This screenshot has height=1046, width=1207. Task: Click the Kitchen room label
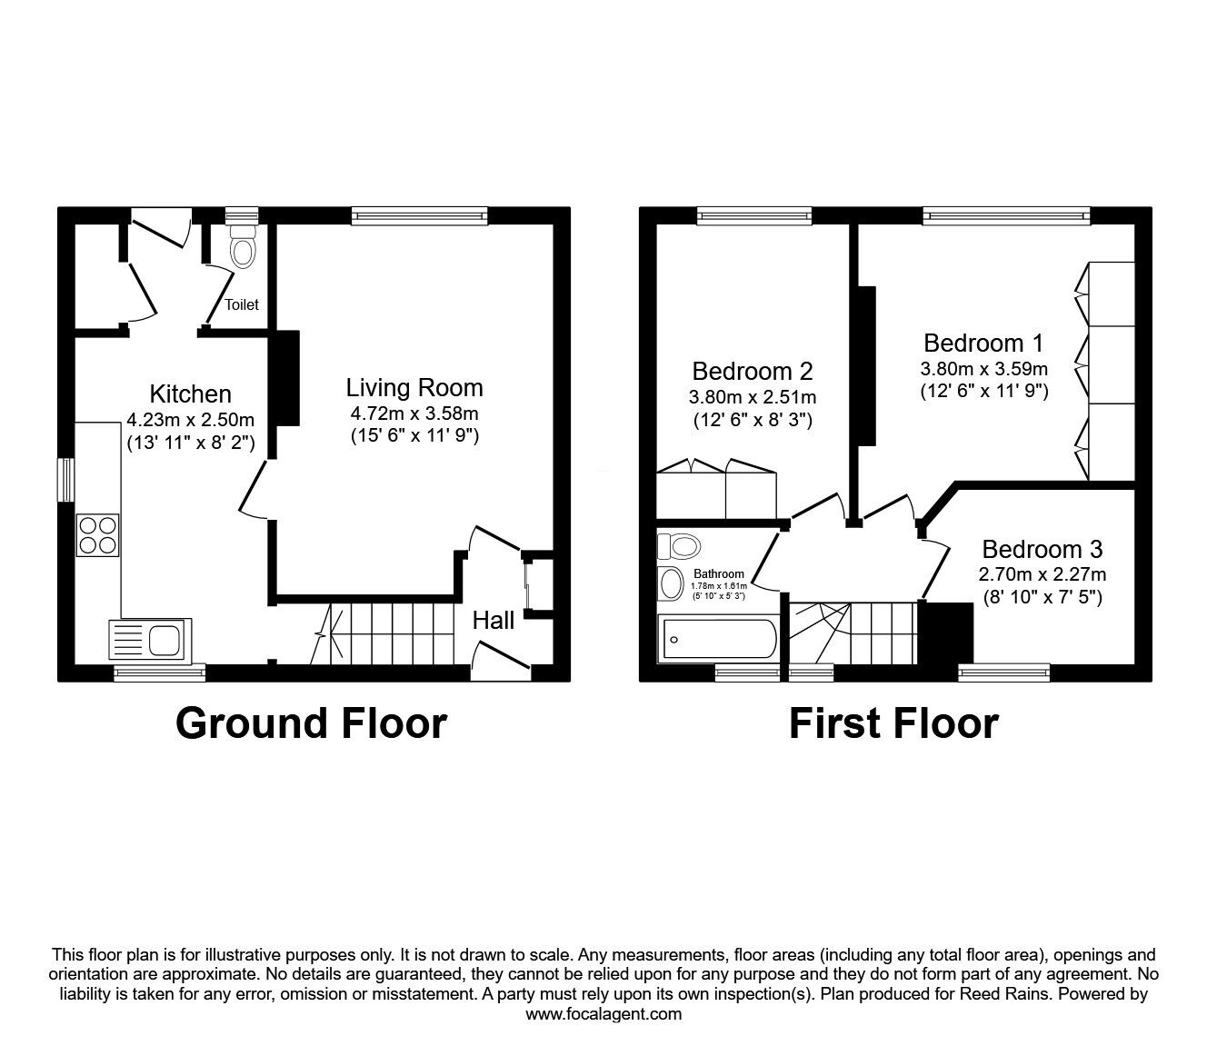click(190, 393)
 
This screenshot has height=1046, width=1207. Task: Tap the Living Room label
click(414, 388)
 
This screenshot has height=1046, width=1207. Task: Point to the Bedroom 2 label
click(752, 371)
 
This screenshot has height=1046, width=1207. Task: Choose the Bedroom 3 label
click(1042, 549)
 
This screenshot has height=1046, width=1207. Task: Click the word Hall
click(494, 620)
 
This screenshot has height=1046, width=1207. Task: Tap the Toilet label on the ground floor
click(242, 304)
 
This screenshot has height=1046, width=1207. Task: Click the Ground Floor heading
click(311, 723)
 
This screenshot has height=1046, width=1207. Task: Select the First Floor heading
click(893, 723)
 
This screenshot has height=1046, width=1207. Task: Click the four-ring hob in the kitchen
click(98, 534)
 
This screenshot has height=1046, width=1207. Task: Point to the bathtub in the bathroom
click(717, 639)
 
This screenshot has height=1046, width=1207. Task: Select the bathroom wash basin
click(672, 583)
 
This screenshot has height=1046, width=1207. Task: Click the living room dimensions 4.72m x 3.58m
click(414, 414)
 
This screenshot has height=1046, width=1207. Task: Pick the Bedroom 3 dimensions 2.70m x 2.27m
click(1042, 574)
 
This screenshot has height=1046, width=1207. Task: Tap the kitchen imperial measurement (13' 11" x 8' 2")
click(190, 443)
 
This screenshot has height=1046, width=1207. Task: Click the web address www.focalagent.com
click(603, 1014)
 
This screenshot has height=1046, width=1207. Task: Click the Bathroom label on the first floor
click(719, 573)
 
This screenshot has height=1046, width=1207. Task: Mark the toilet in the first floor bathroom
click(680, 546)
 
